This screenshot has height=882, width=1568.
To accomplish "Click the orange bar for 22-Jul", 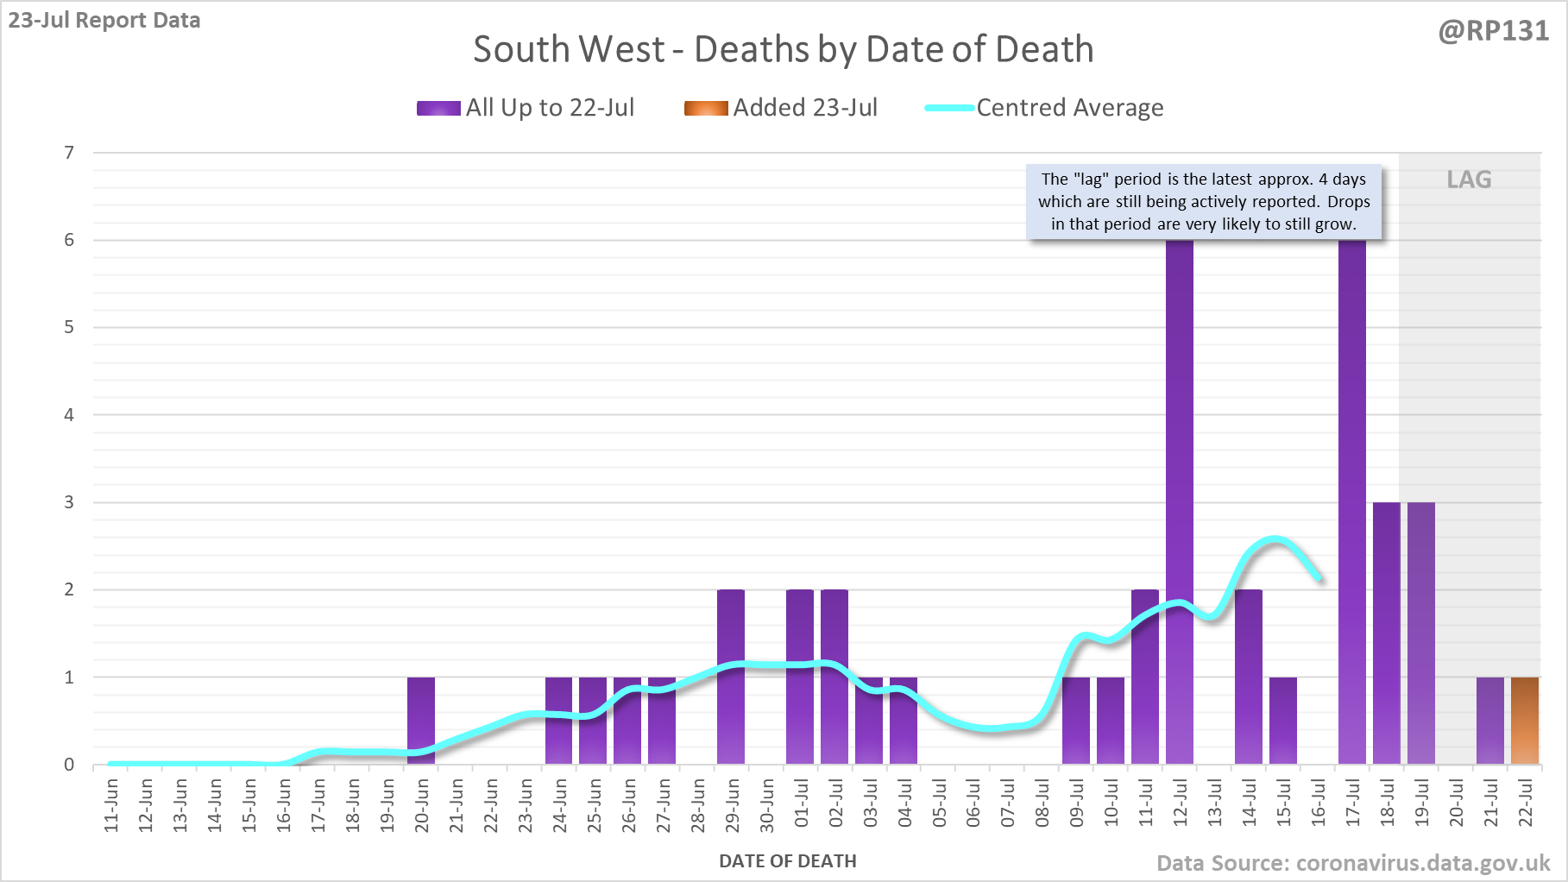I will point(1525,721).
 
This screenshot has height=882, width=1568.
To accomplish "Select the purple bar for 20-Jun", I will point(421,721).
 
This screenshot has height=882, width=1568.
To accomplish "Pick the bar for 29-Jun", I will point(731,677).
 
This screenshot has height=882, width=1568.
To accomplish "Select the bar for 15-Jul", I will point(1283,721).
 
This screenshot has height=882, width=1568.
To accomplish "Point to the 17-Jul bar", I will point(1352,501).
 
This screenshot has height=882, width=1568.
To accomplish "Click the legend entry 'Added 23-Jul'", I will point(781,108).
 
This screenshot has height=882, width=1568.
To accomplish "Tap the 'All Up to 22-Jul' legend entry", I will point(526,108).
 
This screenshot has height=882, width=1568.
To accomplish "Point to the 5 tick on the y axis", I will point(69,327).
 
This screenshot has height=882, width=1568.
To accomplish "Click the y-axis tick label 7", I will point(69,153).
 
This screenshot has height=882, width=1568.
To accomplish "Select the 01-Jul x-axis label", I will point(802,803).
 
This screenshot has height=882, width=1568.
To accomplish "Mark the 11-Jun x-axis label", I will point(111,805).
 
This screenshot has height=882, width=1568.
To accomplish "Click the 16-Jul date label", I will point(1319,803).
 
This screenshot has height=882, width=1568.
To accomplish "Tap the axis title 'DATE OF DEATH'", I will point(788,861).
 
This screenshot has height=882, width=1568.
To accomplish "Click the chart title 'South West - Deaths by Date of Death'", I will point(783,49).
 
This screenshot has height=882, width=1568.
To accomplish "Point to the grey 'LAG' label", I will point(1469,180).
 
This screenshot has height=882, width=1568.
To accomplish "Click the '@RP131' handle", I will point(1494,31).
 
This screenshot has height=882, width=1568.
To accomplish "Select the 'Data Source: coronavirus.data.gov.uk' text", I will point(1353,863).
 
